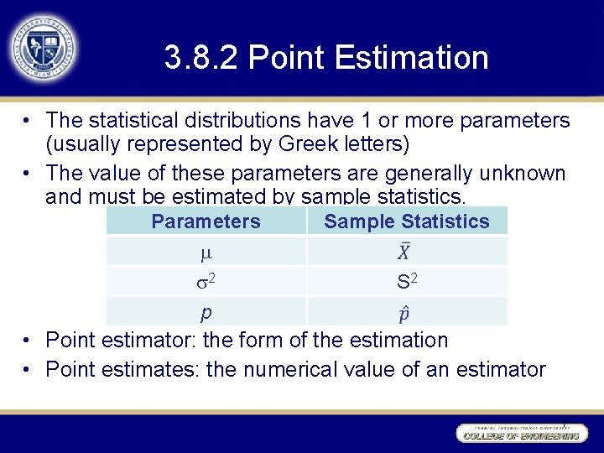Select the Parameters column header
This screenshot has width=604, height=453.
[x=206, y=221]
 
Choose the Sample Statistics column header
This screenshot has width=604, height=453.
[x=406, y=221]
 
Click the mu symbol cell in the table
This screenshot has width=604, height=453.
[x=206, y=252]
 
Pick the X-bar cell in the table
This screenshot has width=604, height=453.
[x=404, y=252]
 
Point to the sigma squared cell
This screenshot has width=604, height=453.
[x=206, y=282]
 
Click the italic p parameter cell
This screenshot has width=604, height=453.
[x=206, y=312]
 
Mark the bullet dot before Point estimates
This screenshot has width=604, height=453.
[x=29, y=369]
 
